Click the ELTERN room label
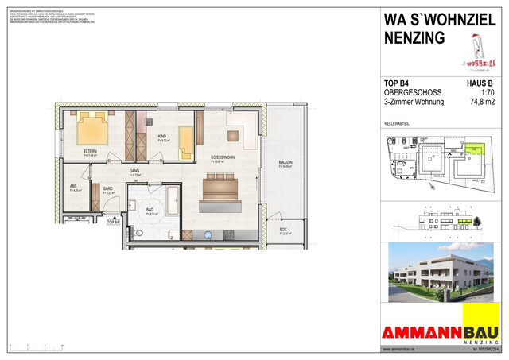pyautogui.click(x=91, y=151)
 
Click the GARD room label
pyautogui.click(x=107, y=188)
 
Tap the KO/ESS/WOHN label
pyautogui.click(x=223, y=158)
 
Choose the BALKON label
pyautogui.click(x=286, y=164)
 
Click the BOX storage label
pyautogui.click(x=283, y=230)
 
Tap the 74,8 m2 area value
pyautogui.click(x=478, y=102)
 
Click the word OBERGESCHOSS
pyautogui.click(x=414, y=92)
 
